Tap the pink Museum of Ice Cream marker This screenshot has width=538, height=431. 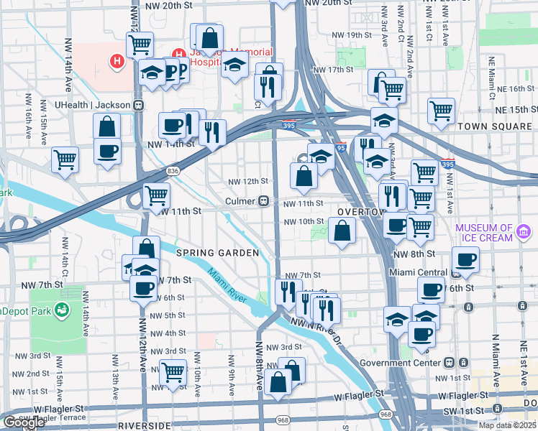pos(524,231)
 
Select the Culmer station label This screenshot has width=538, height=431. pos(241,202)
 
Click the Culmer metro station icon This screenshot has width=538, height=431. pos(265,202)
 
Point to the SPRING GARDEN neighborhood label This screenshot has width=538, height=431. pos(207,253)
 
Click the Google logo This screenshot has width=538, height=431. pos(24,422)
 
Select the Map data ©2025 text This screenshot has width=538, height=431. pos(508,425)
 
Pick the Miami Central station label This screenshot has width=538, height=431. pos(417,273)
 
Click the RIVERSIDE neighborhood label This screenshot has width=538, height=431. pos(144,425)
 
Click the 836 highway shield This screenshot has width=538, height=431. pos(172,171)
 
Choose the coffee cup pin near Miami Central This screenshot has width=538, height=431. pos(465,261)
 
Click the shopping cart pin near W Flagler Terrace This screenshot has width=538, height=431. pos(173,372)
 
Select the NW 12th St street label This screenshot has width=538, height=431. pos(248,181)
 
